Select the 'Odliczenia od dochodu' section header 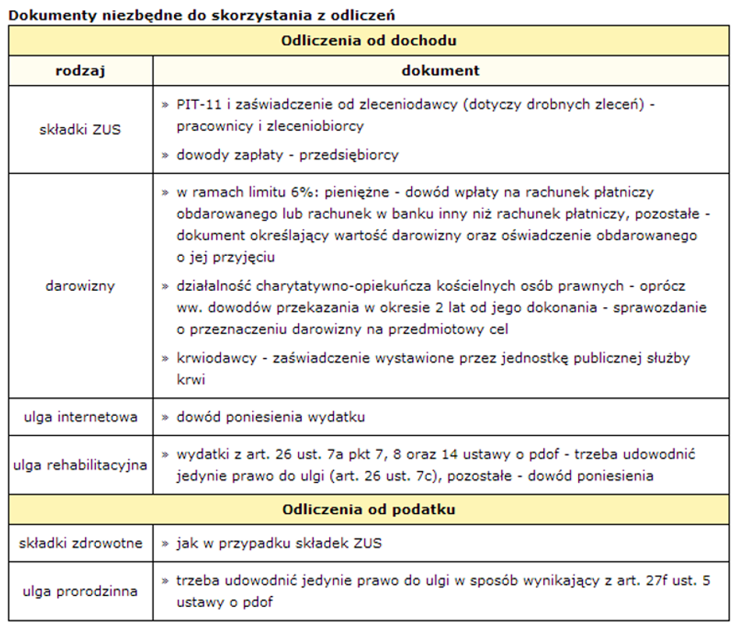tap(369, 41)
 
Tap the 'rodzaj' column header tap(80, 70)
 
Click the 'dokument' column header tap(441, 70)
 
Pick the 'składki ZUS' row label tap(80, 129)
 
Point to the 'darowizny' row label tap(80, 285)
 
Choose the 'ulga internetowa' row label tap(80, 417)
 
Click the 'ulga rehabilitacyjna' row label tap(80, 465)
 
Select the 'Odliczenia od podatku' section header tap(369, 509)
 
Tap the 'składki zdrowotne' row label tap(80, 543)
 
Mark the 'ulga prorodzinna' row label tap(80, 591)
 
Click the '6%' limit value tap(305, 192)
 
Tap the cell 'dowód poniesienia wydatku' tap(271, 417)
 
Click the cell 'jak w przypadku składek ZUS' tap(279, 543)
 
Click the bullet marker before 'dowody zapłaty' tap(165, 154)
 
